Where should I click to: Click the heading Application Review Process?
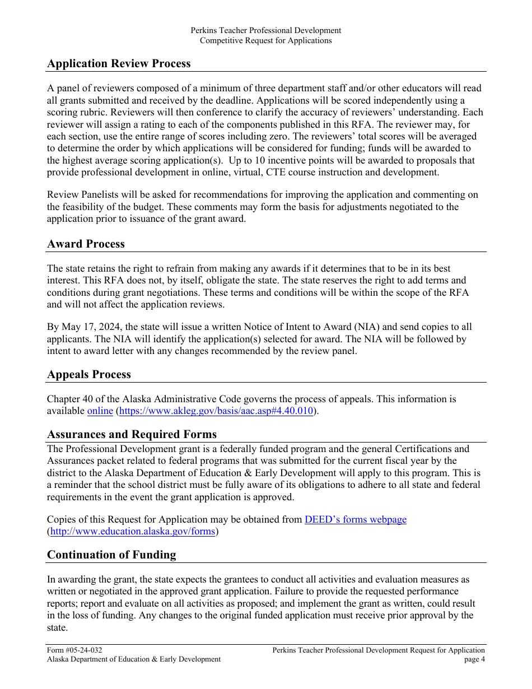119,64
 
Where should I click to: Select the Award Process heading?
86,244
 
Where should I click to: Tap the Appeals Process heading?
89,375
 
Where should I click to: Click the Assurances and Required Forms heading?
132,435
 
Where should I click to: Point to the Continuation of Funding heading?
111,555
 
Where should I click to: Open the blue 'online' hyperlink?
100,411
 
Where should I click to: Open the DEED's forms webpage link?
355,519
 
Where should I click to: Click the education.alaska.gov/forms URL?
133,532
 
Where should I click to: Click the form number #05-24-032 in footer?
74,650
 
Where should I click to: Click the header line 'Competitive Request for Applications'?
266,40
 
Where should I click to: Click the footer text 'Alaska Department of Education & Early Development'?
134,659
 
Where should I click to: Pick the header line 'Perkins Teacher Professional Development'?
266,30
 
